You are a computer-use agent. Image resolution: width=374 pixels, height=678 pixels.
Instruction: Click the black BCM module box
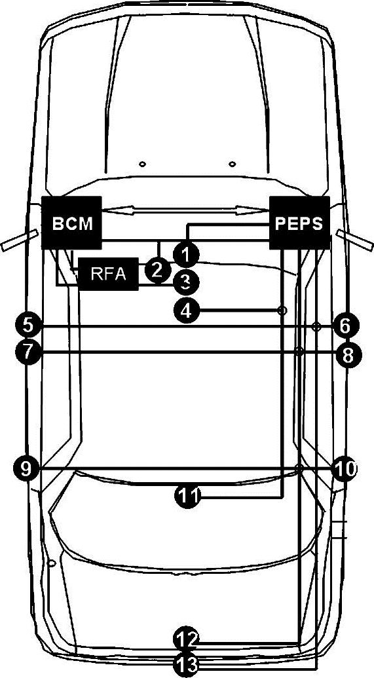pos(71,223)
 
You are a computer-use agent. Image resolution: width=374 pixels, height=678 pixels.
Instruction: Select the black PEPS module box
pos(299,223)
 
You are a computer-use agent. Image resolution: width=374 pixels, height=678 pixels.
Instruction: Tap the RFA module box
pos(108,274)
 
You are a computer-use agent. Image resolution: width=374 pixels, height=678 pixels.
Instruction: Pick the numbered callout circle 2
pos(157,271)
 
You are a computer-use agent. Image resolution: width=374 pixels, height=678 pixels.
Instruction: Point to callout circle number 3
pos(186,283)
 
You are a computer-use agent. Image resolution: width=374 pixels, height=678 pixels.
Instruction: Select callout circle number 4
pos(186,310)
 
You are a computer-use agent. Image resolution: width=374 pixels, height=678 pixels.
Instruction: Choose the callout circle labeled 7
pos(28,352)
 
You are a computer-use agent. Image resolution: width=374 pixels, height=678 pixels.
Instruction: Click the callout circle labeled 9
pos(26,468)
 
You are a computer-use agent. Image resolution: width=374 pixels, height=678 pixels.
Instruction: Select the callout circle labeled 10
pos(345,468)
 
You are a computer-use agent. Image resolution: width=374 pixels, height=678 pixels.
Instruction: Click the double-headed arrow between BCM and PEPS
pos(185,210)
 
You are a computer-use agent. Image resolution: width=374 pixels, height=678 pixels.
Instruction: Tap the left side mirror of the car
pos(20,240)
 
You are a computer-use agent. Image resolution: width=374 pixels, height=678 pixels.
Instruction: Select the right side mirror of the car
pos(354,240)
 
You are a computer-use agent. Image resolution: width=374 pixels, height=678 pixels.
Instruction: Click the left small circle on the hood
pos(141,164)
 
